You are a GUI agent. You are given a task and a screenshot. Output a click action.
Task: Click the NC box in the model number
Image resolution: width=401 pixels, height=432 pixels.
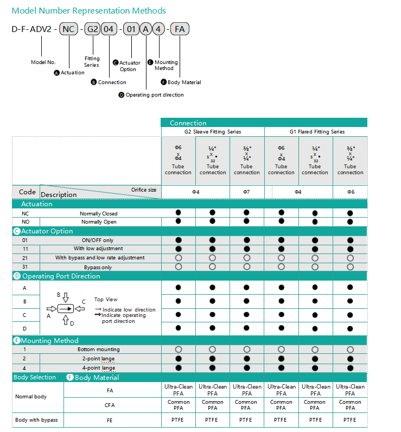[68, 29]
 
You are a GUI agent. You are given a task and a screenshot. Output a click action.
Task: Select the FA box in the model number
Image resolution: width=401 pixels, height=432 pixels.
[180, 29]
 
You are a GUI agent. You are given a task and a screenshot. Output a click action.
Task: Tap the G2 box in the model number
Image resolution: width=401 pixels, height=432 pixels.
[93, 29]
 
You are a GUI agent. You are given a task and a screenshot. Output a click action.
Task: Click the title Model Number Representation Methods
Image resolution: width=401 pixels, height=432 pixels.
[89, 11]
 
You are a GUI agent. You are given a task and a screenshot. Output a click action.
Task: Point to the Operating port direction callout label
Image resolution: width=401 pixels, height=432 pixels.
[155, 95]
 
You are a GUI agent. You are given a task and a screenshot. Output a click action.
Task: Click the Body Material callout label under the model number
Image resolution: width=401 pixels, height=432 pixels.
[184, 82]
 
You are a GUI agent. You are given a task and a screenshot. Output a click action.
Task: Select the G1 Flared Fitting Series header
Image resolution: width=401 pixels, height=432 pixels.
[317, 132]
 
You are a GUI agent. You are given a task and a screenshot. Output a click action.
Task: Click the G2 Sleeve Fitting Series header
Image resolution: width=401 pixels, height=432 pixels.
[213, 132]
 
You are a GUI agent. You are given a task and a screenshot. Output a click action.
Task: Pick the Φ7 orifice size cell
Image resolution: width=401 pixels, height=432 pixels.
[247, 192]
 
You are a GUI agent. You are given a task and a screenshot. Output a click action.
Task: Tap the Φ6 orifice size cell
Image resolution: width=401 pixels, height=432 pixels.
[350, 192]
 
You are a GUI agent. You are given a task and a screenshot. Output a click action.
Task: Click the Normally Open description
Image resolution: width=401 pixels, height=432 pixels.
[99, 222]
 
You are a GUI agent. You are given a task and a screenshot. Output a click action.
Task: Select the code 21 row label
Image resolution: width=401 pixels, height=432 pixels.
[24, 258]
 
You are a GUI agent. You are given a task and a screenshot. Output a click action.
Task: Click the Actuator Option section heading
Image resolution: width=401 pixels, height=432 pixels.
[47, 231]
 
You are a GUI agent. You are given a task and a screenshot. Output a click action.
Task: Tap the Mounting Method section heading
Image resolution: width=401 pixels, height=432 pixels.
[50, 340]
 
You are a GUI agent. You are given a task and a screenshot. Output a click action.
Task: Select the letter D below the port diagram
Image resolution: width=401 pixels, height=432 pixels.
[72, 323]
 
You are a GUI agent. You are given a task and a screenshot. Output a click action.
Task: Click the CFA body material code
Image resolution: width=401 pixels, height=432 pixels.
[110, 405]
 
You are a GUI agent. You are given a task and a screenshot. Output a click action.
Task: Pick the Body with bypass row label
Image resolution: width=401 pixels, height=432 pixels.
[36, 420]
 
